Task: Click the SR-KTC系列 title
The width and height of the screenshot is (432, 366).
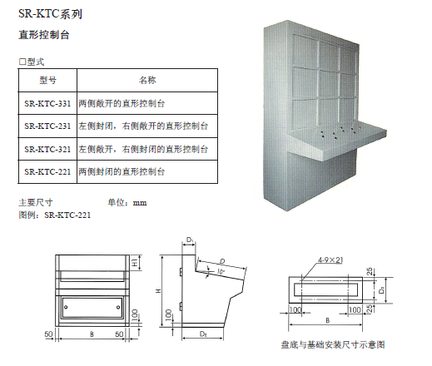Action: point(50,13)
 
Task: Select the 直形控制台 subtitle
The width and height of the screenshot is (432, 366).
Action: point(44,35)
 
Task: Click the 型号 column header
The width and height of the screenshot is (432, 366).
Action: point(47,81)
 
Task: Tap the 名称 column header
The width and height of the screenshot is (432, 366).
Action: point(147,81)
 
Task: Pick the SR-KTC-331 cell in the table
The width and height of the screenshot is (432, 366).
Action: point(47,104)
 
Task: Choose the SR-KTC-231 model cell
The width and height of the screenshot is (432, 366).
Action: point(47,126)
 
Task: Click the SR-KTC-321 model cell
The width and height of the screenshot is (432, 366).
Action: point(47,150)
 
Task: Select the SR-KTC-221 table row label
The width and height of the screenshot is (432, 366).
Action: point(47,172)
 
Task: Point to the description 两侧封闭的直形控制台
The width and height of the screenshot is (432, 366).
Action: point(122,172)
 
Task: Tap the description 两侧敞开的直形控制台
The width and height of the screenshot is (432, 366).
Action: point(122,104)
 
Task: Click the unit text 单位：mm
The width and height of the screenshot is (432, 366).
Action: point(127,203)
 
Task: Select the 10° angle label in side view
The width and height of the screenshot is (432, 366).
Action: point(221,272)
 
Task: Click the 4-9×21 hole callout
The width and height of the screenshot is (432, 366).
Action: point(330,260)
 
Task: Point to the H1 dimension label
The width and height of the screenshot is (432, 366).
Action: point(135,263)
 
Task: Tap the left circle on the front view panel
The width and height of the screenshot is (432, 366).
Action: point(66,307)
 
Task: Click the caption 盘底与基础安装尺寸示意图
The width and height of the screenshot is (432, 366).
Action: point(333,344)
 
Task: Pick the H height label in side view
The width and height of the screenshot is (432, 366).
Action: point(158,291)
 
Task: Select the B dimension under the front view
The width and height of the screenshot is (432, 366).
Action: point(92,334)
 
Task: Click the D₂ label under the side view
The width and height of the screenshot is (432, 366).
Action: point(203,334)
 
